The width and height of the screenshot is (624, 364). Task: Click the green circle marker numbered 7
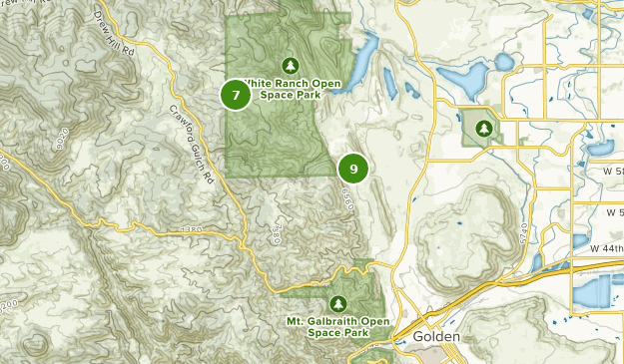[x=236, y=95]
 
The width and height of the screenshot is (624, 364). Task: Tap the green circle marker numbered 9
[x=352, y=169]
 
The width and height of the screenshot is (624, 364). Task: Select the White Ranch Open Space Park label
[x=301, y=89]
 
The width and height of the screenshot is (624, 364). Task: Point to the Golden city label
[x=436, y=338]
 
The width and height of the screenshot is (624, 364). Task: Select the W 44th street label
[x=605, y=247]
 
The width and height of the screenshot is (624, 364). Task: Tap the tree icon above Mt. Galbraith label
[x=336, y=303]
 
